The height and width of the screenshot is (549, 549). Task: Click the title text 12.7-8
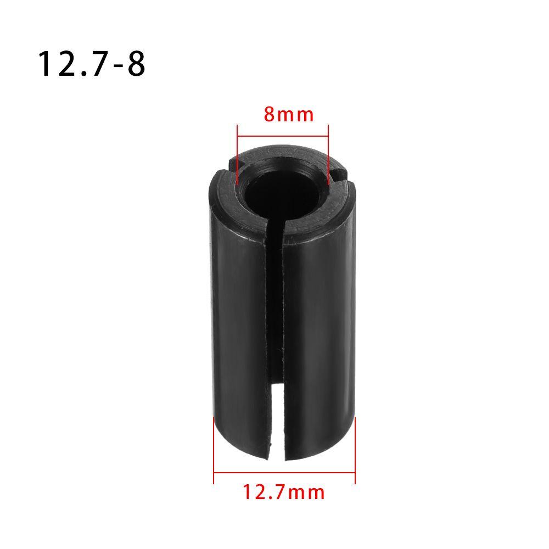pos(91,64)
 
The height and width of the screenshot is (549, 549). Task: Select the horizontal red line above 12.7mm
pos(284,471)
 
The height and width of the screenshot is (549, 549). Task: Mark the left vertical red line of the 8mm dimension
pos(237,154)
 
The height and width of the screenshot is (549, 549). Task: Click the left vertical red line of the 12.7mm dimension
pos(214,450)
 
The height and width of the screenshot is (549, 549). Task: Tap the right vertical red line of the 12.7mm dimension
pos(355,450)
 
